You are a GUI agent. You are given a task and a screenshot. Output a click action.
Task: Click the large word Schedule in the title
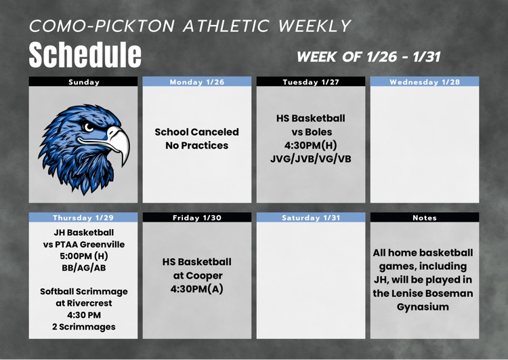(x=85, y=54)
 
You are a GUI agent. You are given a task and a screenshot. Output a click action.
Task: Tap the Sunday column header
(x=84, y=82)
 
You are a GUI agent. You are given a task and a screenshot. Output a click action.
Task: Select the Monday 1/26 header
(x=196, y=82)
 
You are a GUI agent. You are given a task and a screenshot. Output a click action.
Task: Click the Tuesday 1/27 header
(x=310, y=82)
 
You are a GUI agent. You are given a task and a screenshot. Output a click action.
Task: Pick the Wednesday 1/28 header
(x=425, y=82)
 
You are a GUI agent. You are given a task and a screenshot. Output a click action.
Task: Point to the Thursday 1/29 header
(x=84, y=218)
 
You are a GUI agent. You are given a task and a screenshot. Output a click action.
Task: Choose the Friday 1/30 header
(x=196, y=218)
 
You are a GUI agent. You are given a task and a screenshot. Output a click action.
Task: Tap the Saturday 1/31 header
(x=310, y=218)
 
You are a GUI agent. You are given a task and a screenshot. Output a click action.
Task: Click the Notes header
(x=425, y=218)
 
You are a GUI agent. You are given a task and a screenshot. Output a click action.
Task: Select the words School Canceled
(x=196, y=132)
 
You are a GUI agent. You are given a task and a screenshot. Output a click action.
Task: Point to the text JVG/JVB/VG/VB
(x=310, y=159)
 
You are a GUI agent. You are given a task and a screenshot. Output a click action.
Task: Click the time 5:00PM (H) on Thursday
(x=84, y=257)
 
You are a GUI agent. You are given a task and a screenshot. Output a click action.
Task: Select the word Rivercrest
(x=91, y=303)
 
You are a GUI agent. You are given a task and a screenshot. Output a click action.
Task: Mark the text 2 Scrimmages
(x=84, y=327)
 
